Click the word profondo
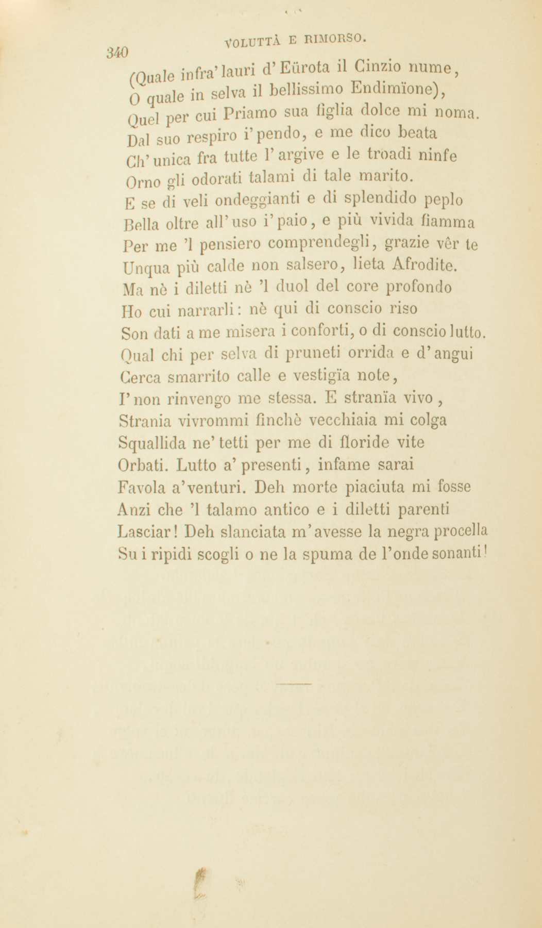419,287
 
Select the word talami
274,178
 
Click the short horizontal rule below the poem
294,684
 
